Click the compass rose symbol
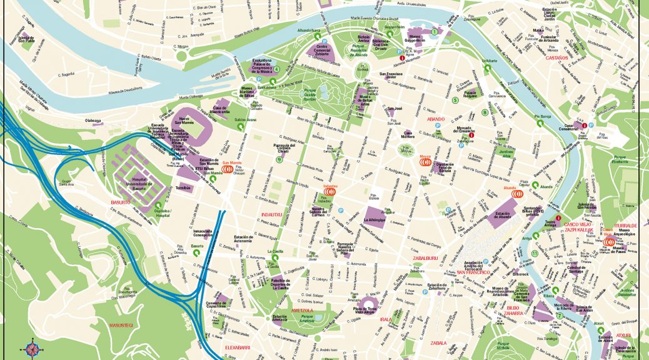click(31, 347)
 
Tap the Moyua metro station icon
click(426, 161)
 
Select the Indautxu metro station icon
click(330, 192)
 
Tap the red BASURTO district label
click(120, 202)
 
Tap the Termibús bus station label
click(184, 186)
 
